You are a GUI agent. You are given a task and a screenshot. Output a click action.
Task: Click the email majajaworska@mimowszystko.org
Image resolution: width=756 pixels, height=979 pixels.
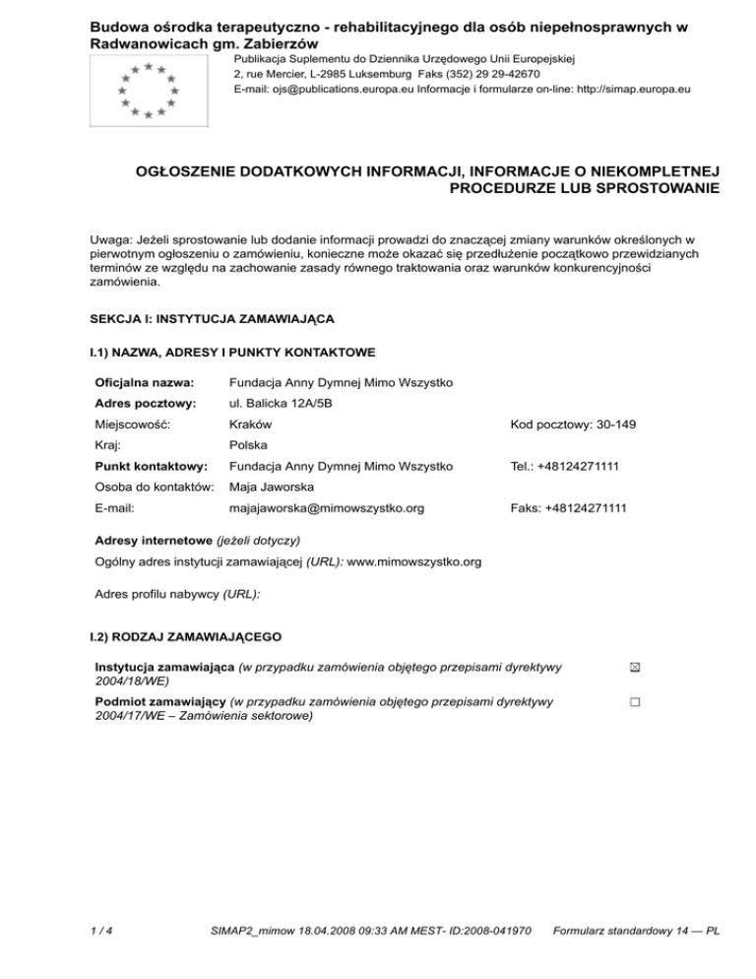click(326, 508)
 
